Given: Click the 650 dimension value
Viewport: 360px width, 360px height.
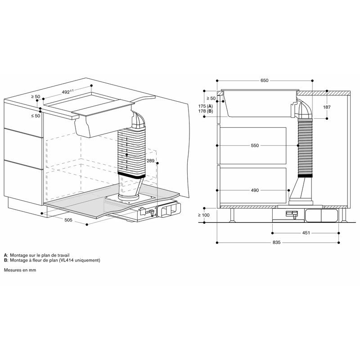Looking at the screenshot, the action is pos(264,81).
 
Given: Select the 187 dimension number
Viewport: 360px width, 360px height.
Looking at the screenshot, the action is pos(327,107).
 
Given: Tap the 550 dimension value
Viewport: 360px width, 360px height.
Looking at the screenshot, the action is pos(255,145).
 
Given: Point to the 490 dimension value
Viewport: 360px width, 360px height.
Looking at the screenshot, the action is pos(255,190).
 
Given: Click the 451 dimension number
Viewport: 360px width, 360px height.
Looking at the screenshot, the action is pos(306,233).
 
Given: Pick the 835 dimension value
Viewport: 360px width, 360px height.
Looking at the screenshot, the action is pos(277,243).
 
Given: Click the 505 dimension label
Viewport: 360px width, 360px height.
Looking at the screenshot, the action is pos(68,220).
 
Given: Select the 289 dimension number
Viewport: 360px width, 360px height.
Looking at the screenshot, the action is pos(150,161).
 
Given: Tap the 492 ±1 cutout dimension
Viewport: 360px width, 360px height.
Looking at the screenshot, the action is pos(68,92).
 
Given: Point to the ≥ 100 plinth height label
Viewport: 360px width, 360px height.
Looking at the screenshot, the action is pos(203,215).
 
